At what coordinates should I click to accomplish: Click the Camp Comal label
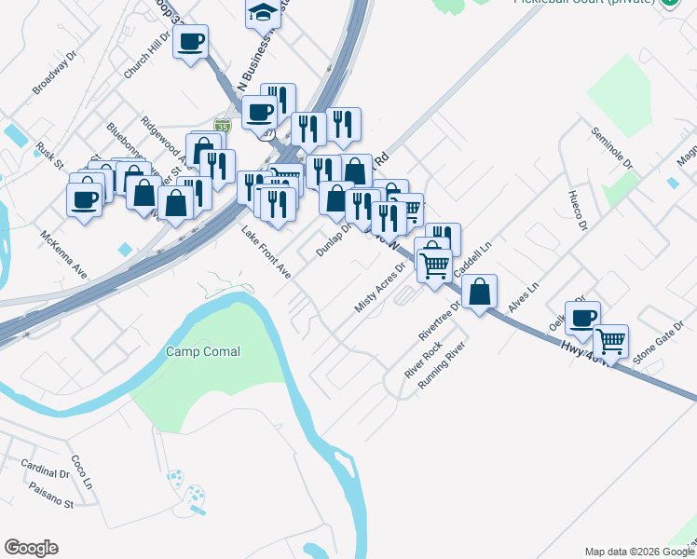(203, 351)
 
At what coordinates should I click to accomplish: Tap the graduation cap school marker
(263, 13)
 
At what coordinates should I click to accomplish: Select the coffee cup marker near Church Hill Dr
(190, 42)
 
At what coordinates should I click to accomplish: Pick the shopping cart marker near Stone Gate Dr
(610, 342)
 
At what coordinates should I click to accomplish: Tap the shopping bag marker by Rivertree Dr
(479, 293)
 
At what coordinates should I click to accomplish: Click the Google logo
(31, 548)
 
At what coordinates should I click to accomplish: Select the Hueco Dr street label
(577, 211)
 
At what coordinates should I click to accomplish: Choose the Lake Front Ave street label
(266, 252)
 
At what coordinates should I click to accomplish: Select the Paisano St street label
(50, 503)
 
